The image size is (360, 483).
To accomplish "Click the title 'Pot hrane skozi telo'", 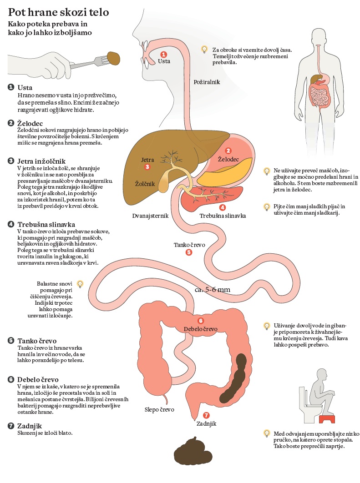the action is pyautogui.click(x=59, y=12).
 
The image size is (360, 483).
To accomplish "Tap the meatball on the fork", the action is pyautogui.click(x=113, y=58).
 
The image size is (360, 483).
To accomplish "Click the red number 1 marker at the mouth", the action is pyautogui.click(x=164, y=55).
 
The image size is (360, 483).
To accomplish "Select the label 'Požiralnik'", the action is pyautogui.click(x=207, y=82).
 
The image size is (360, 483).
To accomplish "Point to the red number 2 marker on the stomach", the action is pyautogui.click(x=228, y=151).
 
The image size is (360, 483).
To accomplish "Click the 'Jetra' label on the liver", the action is pyautogui.click(x=147, y=160).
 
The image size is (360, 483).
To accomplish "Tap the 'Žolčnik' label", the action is pyautogui.click(x=145, y=184).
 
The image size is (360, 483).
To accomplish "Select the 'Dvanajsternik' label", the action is pyautogui.click(x=150, y=216).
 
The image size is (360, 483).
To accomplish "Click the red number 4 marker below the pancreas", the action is pyautogui.click(x=222, y=207).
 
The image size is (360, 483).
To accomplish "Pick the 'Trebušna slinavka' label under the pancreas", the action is pyautogui.click(x=223, y=216).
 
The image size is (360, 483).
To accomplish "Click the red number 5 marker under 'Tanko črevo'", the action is pyautogui.click(x=189, y=252).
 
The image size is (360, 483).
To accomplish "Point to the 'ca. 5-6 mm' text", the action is pyautogui.click(x=213, y=290).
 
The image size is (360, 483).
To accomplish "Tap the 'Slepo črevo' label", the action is pyautogui.click(x=159, y=410).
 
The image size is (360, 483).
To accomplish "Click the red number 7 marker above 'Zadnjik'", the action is pyautogui.click(x=206, y=416).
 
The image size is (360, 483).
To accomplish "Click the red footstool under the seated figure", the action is pyautogui.click(x=327, y=419).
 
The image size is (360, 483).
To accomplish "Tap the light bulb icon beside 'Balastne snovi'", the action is pyautogui.click(x=80, y=284).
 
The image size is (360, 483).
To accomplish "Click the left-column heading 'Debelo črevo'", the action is pyautogui.click(x=38, y=380).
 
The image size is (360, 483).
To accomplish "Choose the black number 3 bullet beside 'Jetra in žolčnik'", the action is pyautogui.click(x=11, y=161).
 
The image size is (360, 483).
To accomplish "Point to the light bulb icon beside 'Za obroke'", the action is pyautogui.click(x=204, y=49).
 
